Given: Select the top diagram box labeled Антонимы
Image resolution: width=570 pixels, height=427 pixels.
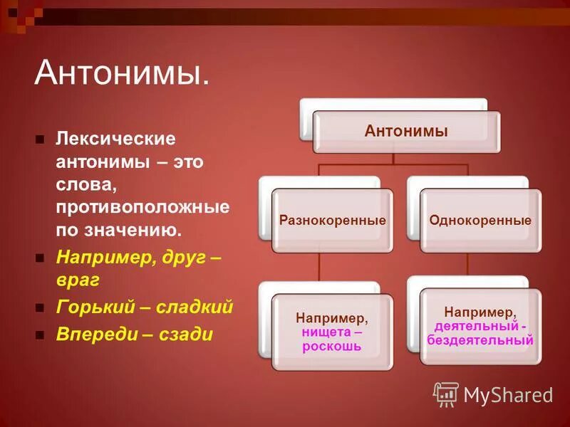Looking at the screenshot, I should (x=406, y=131).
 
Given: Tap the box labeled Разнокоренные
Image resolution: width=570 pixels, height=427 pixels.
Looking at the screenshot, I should (x=332, y=220).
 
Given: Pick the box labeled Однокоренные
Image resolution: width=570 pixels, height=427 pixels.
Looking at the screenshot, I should (x=480, y=220).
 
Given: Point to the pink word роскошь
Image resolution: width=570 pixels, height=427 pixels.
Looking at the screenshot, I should (x=331, y=347).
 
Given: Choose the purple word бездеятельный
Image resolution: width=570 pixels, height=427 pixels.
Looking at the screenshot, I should (x=480, y=340).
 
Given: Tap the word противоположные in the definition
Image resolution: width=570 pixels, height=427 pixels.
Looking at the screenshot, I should (x=142, y=207).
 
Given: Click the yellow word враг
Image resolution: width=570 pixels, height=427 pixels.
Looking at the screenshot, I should (x=78, y=280).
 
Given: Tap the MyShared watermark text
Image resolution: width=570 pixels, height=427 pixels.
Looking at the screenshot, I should (x=508, y=394).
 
